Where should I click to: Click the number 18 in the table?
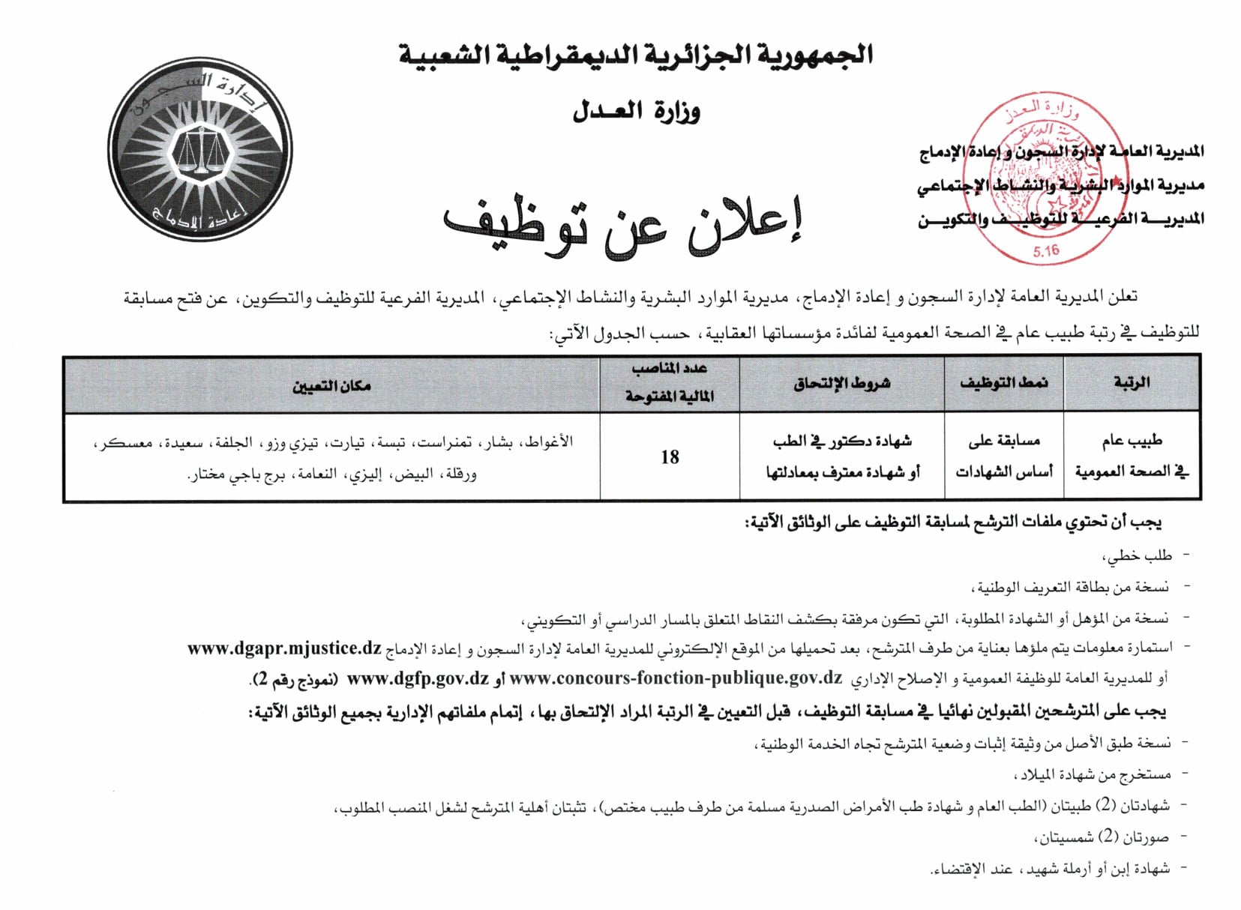pyautogui.click(x=670, y=456)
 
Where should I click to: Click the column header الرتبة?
pyautogui.click(x=1132, y=382)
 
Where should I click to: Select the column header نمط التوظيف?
pyautogui.click(x=1003, y=382)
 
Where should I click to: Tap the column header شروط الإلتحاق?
pyautogui.click(x=841, y=383)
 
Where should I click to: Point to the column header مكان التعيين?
pyautogui.click(x=331, y=386)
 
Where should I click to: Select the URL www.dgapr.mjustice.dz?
pyautogui.click(x=284, y=648)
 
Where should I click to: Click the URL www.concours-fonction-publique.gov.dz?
pyautogui.click(x=676, y=678)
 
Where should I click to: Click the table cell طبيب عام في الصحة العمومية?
pyautogui.click(x=1132, y=456)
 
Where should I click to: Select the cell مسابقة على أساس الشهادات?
pyautogui.click(x=1003, y=456)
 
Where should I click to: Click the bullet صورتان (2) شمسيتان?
pyautogui.click(x=1103, y=837)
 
